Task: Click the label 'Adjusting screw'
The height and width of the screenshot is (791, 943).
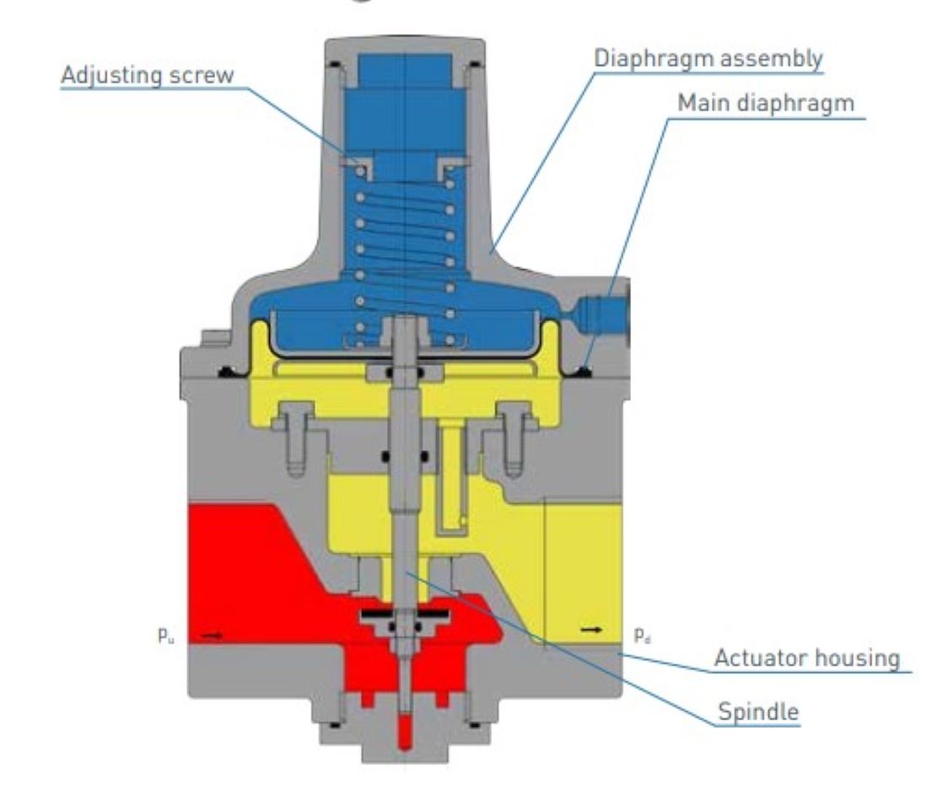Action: click(x=148, y=76)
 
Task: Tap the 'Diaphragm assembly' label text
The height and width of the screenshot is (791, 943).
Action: click(x=708, y=59)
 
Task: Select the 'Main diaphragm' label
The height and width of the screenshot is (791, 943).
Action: click(x=766, y=103)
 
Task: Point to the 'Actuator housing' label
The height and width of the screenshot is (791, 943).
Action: click(x=806, y=658)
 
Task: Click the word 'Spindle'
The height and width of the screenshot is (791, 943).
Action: click(x=758, y=712)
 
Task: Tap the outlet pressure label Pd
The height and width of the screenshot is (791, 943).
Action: click(x=642, y=635)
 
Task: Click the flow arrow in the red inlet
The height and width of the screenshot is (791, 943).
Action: click(x=211, y=635)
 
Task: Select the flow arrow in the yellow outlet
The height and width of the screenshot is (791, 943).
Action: click(x=591, y=629)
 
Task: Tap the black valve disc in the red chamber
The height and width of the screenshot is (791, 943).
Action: click(x=404, y=615)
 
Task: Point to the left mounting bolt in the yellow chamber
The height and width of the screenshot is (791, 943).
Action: click(x=294, y=438)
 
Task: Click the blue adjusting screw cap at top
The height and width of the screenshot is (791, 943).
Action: click(x=405, y=71)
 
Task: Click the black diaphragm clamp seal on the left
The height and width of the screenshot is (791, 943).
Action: click(x=229, y=372)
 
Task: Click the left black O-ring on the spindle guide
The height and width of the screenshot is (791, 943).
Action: click(x=386, y=457)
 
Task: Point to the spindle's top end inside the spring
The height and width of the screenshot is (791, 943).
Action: click(x=405, y=320)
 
